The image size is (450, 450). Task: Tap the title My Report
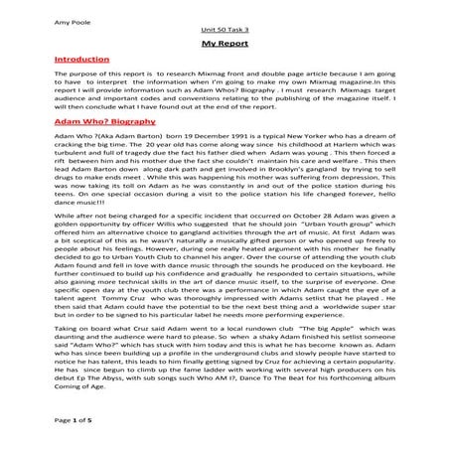click(224, 46)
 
